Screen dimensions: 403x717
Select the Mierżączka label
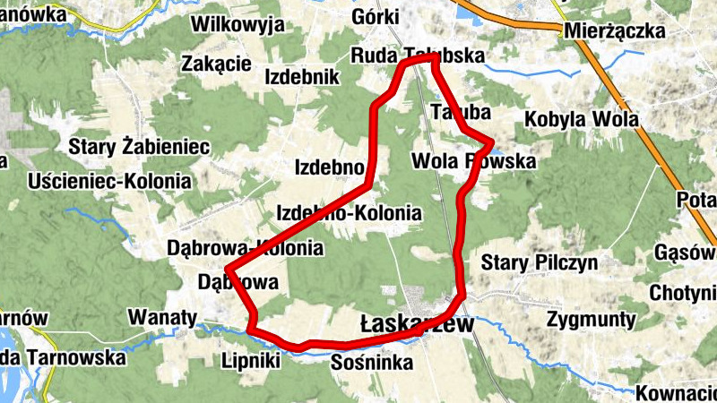(615, 32)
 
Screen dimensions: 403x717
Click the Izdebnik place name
(302, 77)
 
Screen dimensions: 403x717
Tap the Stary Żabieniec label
(140, 145)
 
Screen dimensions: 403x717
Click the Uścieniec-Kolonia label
(109, 182)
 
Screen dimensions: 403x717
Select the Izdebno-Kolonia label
(349, 213)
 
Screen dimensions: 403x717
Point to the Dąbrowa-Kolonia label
(245, 248)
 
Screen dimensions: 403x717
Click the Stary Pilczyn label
(540, 262)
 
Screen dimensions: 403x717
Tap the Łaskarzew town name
(415, 324)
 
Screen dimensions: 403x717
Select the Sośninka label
(371, 363)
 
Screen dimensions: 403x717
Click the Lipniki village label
(250, 361)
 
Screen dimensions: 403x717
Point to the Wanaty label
(162, 317)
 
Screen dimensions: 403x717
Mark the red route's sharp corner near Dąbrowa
(228, 270)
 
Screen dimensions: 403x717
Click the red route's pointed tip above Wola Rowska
(492, 141)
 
